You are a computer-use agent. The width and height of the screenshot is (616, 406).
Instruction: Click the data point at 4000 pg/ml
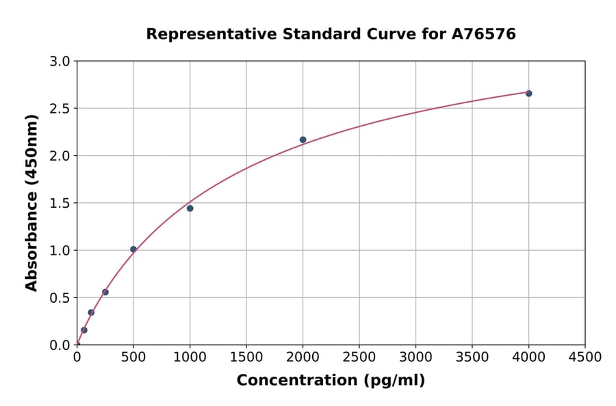pos(528,93)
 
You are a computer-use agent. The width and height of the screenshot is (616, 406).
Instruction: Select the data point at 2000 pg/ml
pos(303,139)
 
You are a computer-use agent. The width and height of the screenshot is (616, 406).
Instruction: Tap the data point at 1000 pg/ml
pos(190,208)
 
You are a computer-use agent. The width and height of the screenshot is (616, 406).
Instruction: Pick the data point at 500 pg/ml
pos(133,249)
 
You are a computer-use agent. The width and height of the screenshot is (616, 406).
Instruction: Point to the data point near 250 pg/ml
pos(105,292)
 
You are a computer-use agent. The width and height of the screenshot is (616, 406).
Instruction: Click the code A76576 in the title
pos(485,33)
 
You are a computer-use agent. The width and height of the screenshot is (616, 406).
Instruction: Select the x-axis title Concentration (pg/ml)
pos(331,380)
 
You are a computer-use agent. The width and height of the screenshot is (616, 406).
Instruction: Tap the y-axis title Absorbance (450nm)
pos(31,203)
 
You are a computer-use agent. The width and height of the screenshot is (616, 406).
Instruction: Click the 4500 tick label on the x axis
pos(585,357)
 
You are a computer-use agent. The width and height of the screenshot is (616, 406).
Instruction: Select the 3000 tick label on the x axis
pos(415,357)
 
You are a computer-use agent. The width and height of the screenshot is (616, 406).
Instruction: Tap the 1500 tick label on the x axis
pos(246,357)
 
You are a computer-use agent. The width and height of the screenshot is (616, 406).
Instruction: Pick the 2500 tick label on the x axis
pos(359,357)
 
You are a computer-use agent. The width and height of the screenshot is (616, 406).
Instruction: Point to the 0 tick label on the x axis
pos(77,357)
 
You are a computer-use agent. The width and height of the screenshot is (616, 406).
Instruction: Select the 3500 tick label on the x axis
pos(472,357)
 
